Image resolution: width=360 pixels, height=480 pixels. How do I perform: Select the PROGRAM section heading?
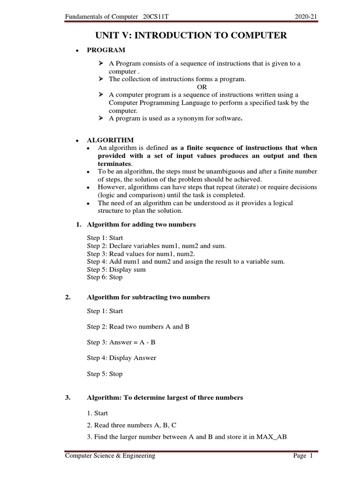[106, 50]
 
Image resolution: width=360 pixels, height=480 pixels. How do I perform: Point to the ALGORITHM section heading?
[110, 140]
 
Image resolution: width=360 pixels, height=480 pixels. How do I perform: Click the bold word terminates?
[115, 164]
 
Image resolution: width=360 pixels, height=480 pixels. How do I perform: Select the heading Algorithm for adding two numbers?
[141, 225]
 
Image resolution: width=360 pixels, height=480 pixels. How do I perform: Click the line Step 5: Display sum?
[116, 270]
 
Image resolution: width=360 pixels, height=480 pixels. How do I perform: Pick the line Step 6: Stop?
[105, 277]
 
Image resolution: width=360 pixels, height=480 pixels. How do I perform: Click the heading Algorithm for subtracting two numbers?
[148, 297]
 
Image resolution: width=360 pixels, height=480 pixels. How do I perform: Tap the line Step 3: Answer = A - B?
[121, 343]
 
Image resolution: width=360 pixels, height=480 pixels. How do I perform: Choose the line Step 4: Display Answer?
[121, 358]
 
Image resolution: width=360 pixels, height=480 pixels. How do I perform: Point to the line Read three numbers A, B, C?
[131, 425]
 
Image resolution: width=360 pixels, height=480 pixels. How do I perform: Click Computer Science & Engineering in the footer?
[110, 456]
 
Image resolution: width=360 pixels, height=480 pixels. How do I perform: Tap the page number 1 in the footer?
[310, 456]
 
